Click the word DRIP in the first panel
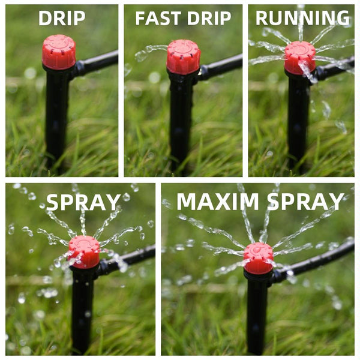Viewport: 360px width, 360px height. click(61, 18)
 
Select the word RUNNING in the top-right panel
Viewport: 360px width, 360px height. click(302, 18)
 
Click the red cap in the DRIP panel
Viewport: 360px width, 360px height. click(59, 52)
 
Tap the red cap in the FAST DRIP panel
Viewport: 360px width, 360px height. click(183, 56)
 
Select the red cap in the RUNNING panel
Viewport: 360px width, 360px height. click(299, 57)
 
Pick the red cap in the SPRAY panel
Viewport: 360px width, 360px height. click(84, 251)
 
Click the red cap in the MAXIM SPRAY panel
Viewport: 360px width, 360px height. click(259, 258)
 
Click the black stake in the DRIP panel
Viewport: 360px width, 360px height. click(57, 114)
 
